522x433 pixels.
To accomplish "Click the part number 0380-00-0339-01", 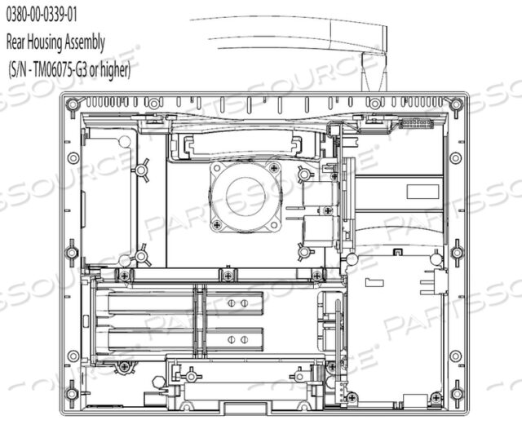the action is (x=42, y=15).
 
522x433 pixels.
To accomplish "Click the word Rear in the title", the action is (x=15, y=42).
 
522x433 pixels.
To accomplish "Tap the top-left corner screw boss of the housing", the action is (x=73, y=104).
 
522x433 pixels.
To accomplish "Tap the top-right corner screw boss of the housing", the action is (x=456, y=104).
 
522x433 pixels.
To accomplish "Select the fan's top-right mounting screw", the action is (x=274, y=167).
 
